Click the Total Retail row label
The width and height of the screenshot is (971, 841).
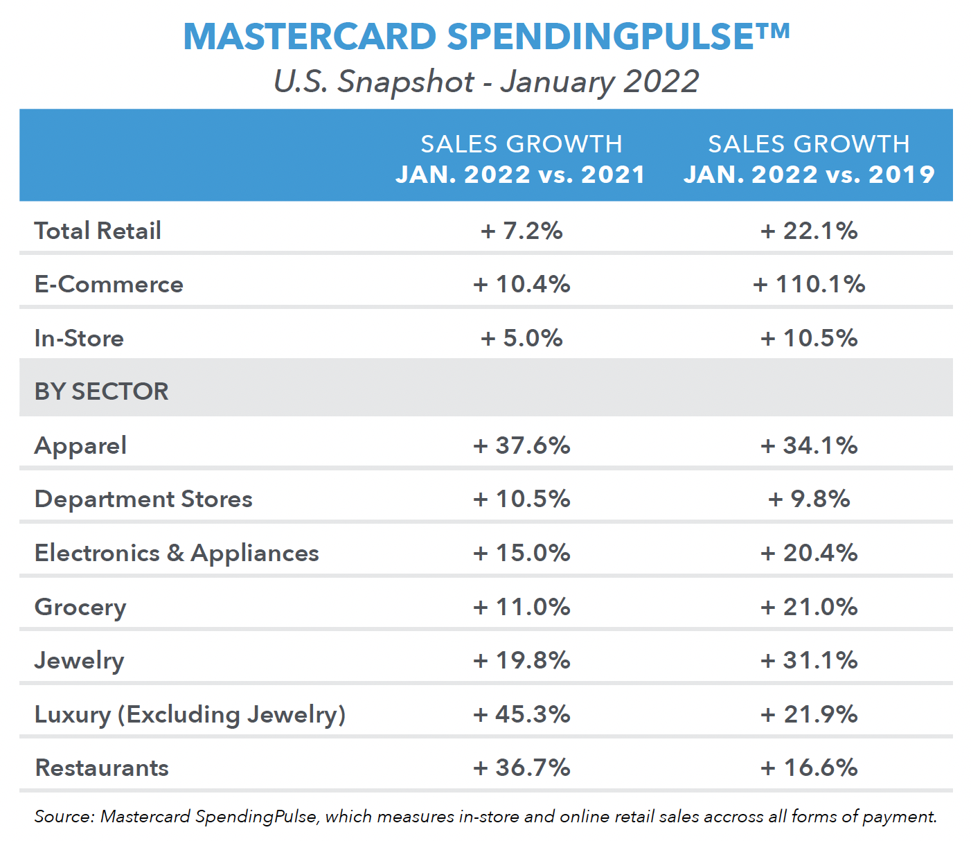pyautogui.click(x=98, y=231)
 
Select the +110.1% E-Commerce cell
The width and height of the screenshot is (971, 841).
pyautogui.click(x=809, y=284)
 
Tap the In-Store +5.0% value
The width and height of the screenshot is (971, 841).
pyautogui.click(x=522, y=338)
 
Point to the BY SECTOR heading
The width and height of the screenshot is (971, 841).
pyautogui.click(x=101, y=391)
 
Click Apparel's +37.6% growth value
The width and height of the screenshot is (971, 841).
pyautogui.click(x=522, y=445)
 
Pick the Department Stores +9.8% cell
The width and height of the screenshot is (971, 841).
pyautogui.click(x=809, y=499)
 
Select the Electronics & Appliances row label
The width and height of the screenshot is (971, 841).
pyautogui.click(x=177, y=553)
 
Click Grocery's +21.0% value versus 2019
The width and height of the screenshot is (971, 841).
pyautogui.click(x=809, y=607)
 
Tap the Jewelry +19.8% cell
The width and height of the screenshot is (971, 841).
pyautogui.click(x=522, y=660)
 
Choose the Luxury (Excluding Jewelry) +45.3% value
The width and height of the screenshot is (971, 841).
pyautogui.click(x=522, y=714)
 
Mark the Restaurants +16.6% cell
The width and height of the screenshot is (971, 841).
pyautogui.click(x=809, y=768)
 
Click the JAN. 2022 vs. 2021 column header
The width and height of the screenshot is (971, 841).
pyautogui.click(x=521, y=174)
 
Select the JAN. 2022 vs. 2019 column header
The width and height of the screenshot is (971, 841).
pyautogui.click(x=809, y=174)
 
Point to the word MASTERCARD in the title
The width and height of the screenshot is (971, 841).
pyautogui.click(x=310, y=36)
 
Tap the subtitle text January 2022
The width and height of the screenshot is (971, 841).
pyautogui.click(x=600, y=81)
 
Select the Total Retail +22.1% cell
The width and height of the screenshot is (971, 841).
pyautogui.click(x=809, y=231)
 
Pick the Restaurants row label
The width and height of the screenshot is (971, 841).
pyautogui.click(x=102, y=768)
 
